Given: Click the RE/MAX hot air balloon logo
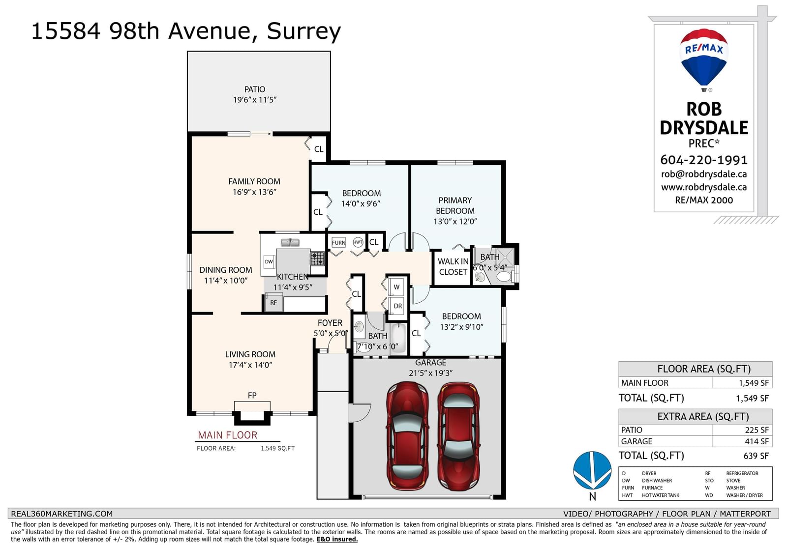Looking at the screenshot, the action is [x=704, y=58].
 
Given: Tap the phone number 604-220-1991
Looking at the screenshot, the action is [x=704, y=160].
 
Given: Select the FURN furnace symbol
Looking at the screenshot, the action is [x=339, y=242].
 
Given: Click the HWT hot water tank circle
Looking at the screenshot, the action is [x=358, y=242].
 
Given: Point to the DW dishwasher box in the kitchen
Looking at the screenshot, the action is [x=269, y=261].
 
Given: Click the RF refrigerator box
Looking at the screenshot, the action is [x=273, y=303].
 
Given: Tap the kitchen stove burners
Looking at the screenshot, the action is [x=317, y=258].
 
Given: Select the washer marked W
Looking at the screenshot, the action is [x=396, y=287].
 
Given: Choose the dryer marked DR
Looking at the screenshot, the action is [x=397, y=306].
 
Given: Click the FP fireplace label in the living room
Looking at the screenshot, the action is [x=252, y=396].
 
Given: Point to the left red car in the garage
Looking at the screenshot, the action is [x=407, y=435].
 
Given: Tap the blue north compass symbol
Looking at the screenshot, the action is [x=592, y=470].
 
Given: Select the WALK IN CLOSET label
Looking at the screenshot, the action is [x=453, y=267].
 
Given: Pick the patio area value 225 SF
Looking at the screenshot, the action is [x=757, y=430].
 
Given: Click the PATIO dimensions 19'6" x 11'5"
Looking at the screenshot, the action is [x=255, y=100].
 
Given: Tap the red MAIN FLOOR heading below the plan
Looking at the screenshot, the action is [x=228, y=435].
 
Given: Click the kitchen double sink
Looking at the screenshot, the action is [x=290, y=242].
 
